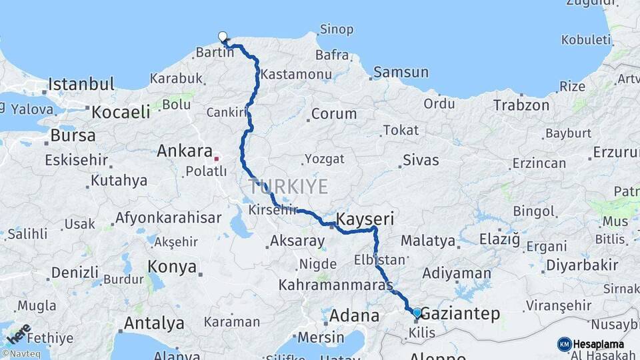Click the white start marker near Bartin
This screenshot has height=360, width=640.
(223, 37)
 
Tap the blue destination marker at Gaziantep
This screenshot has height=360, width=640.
(417, 312)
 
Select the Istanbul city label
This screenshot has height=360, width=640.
(81, 85)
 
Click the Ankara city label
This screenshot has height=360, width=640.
(184, 151)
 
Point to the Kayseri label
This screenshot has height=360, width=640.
(365, 219)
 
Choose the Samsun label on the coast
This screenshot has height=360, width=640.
(401, 72)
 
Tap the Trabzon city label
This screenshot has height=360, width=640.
(521, 105)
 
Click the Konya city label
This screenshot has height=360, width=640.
(172, 267)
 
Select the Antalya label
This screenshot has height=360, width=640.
(154, 324)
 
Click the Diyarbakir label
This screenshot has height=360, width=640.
(582, 265)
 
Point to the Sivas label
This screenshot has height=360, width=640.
(421, 160)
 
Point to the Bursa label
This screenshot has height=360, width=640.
(73, 135)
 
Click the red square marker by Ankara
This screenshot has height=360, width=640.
(216, 159)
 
